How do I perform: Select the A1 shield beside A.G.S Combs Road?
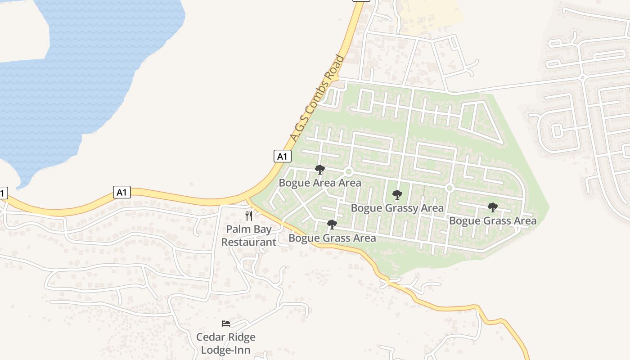(x=282, y=156)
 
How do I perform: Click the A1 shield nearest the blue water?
(x=121, y=193)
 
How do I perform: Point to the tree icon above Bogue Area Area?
(x=320, y=170)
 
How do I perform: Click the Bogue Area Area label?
(x=320, y=183)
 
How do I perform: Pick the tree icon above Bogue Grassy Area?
(x=397, y=195)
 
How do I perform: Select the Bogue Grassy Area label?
(x=397, y=208)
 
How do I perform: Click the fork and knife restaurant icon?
(x=249, y=216)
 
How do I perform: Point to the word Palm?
(x=235, y=229)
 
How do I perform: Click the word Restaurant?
(x=249, y=242)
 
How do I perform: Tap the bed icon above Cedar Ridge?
(x=226, y=324)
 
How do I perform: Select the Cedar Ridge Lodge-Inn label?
(x=226, y=343)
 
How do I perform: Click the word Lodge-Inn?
(x=226, y=350)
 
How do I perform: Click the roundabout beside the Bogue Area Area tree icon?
(x=348, y=172)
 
